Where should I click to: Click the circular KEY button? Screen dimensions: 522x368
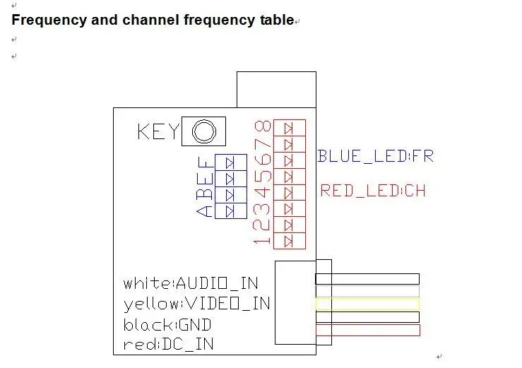(x=203, y=131)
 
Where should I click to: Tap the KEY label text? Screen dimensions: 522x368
(x=158, y=131)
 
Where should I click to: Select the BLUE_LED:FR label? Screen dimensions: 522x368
(x=376, y=156)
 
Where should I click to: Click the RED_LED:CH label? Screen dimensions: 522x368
(x=373, y=191)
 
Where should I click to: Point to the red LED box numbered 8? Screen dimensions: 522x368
(x=290, y=128)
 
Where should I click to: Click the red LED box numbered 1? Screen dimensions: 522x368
(x=290, y=241)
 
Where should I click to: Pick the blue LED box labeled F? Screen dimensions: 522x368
(x=231, y=162)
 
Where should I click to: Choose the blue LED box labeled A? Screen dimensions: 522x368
(x=231, y=211)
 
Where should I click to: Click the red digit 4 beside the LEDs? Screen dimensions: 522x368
(x=262, y=193)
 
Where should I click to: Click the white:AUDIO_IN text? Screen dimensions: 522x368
(x=191, y=283)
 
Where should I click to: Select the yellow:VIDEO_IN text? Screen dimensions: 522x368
(x=197, y=304)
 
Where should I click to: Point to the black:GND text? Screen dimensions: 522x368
(x=167, y=325)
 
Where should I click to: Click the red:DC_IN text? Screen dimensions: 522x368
(x=168, y=345)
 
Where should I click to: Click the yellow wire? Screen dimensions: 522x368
(x=367, y=304)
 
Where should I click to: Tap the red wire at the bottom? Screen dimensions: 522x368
(x=367, y=330)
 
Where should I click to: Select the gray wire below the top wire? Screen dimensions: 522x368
(x=367, y=291)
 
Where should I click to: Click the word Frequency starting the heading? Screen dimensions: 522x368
(x=49, y=20)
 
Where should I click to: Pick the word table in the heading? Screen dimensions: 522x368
(x=277, y=20)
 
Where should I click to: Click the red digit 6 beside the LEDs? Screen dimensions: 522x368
(x=262, y=159)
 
